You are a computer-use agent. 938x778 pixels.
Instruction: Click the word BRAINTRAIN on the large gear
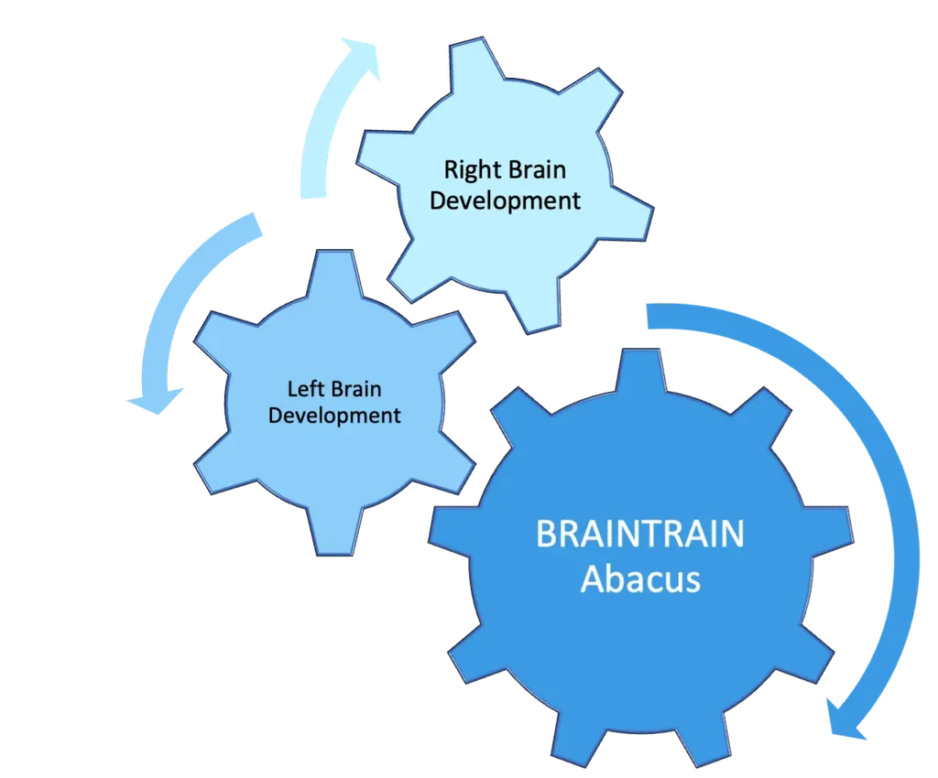coord(640,534)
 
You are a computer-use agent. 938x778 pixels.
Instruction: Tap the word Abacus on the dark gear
coord(640,579)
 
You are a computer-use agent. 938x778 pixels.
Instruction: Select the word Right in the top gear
coord(472,171)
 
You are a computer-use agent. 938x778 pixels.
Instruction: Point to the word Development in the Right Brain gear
coord(505,200)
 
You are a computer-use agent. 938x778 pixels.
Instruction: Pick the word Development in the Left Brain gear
coord(334,416)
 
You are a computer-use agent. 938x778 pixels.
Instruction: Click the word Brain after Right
coord(536,169)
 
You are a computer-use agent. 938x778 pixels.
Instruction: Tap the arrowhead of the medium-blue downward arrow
coord(156,401)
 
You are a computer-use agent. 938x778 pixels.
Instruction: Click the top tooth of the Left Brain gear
coord(334,273)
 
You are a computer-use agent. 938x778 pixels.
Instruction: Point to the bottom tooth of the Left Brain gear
coord(334,533)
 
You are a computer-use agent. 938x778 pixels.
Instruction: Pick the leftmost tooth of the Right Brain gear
coord(383,154)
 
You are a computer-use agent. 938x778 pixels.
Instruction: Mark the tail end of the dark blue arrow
coord(648,316)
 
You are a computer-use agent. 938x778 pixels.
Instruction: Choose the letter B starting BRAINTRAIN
coord(546,534)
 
